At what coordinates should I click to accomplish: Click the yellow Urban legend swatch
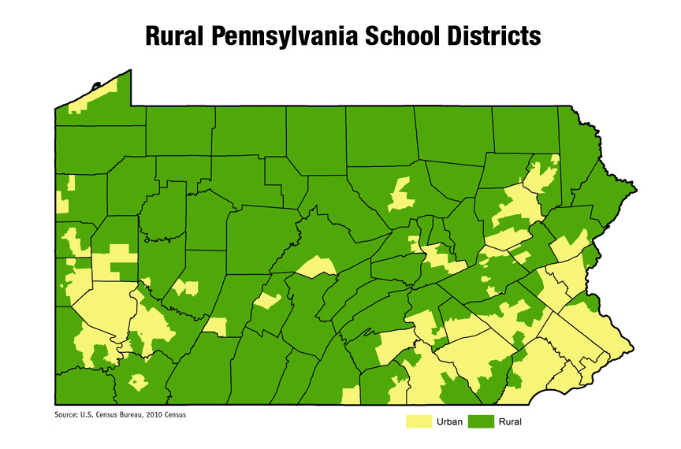point(419,422)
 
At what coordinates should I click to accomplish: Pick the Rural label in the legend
point(510,422)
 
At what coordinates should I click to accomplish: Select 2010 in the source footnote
point(161,414)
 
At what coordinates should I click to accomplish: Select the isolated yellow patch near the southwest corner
point(139,383)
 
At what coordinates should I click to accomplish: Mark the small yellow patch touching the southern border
point(351,395)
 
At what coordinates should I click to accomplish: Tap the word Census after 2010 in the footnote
point(180,414)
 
